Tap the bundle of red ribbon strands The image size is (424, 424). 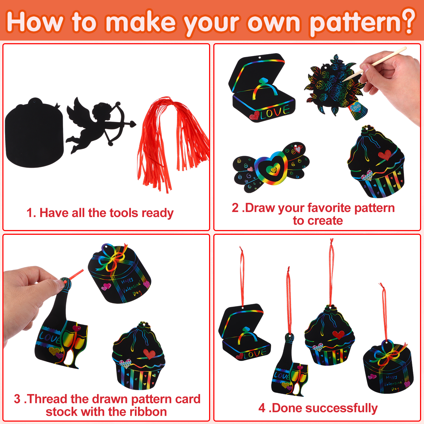pyautogui.click(x=172, y=143)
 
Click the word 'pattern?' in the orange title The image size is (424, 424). pyautogui.click(x=362, y=23)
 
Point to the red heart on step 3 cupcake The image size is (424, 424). pyautogui.click(x=149, y=354)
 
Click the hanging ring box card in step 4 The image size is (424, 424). pyautogui.click(x=244, y=333)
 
